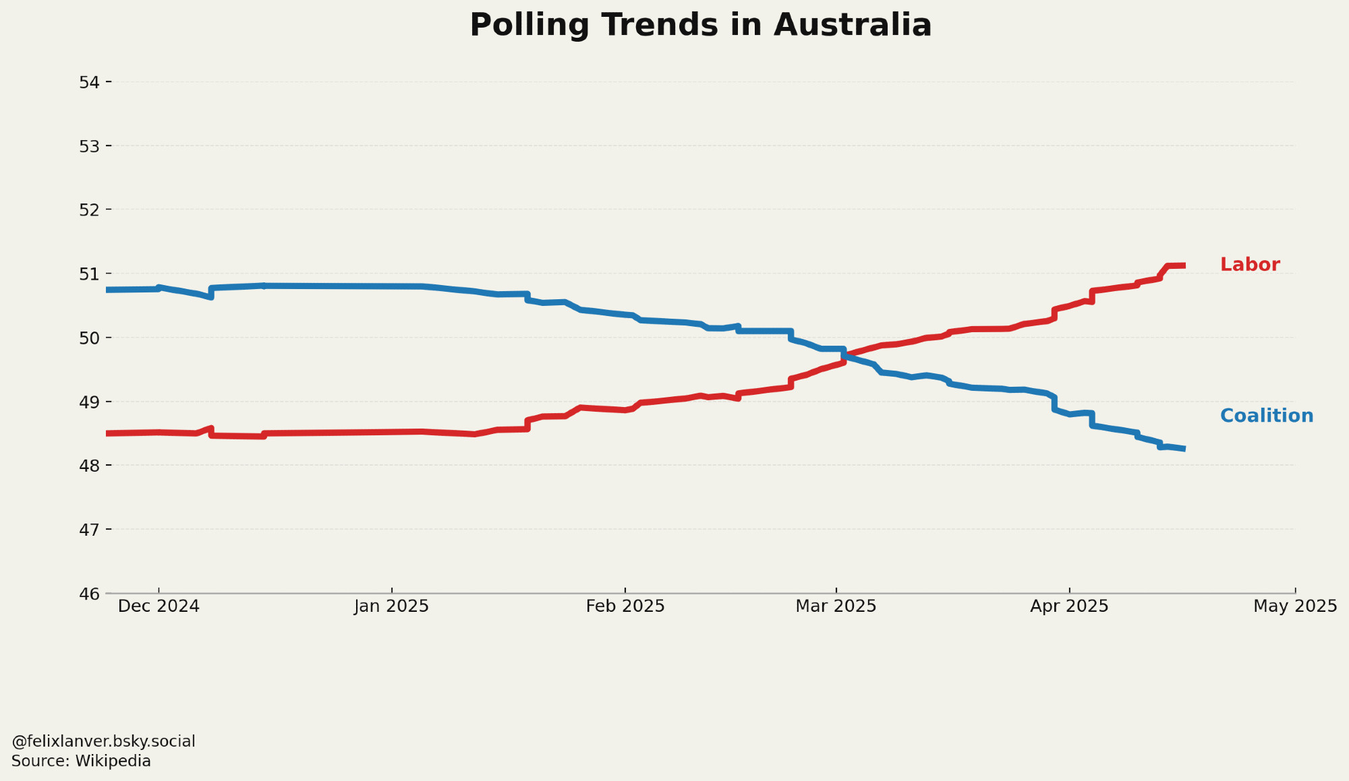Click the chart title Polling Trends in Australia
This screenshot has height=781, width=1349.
[x=700, y=26]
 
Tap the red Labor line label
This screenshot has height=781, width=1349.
[x=1249, y=265]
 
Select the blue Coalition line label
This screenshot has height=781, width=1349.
[x=1266, y=416]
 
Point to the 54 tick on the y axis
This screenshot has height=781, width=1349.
[x=89, y=82]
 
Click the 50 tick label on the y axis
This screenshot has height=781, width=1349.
[x=89, y=338]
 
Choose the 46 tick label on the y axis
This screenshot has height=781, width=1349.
[x=89, y=594]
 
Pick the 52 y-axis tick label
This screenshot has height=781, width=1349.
[x=89, y=210]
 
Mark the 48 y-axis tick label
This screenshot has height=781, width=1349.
[x=89, y=466]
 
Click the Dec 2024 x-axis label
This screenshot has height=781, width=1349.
[x=159, y=606]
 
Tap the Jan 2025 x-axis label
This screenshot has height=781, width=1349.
[x=391, y=606]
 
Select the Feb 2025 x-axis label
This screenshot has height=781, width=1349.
[x=625, y=606]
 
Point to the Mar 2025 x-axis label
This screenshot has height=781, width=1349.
[x=836, y=606]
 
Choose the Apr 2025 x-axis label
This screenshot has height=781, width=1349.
[x=1069, y=606]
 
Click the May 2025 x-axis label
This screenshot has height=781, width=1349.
[x=1294, y=606]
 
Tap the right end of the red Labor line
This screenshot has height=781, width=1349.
[x=1184, y=265]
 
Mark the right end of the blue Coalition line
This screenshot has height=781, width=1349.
[x=1184, y=449]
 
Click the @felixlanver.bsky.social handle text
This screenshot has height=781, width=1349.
[x=103, y=741]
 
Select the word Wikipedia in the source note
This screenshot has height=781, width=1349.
[x=113, y=761]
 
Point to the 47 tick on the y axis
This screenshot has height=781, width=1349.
[x=89, y=530]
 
